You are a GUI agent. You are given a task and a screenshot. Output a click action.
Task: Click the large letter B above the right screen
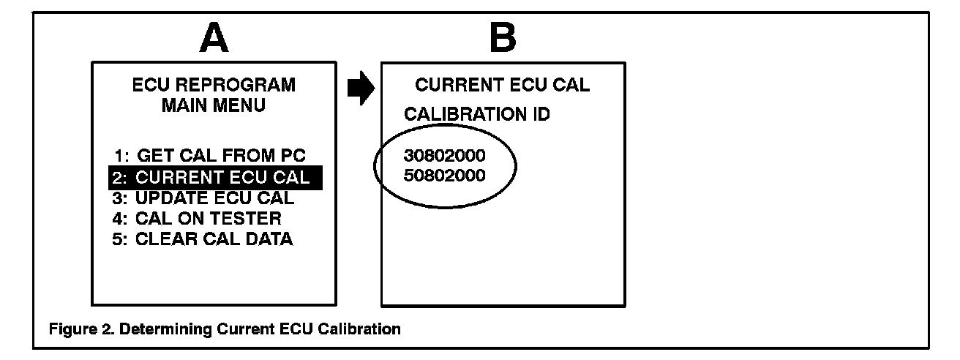502,38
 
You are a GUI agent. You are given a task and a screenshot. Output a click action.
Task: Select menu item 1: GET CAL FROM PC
210,155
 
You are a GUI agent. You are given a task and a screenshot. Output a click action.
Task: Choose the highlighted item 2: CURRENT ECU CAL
215,177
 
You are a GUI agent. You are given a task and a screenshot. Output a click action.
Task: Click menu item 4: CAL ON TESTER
198,218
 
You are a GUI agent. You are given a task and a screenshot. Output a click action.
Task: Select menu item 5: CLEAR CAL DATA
203,239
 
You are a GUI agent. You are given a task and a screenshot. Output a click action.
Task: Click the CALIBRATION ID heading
478,114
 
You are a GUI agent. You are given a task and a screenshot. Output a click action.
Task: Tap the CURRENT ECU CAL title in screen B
502,86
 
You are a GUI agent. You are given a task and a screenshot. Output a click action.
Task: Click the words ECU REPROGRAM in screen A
214,86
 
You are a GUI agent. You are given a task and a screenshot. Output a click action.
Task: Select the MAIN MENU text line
214,105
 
